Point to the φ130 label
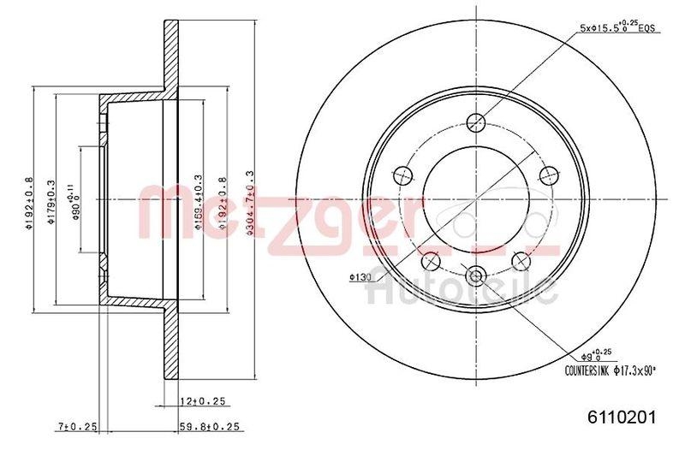pos(360,276)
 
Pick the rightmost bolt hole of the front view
pos(548,175)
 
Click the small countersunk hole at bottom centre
pos(476,275)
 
